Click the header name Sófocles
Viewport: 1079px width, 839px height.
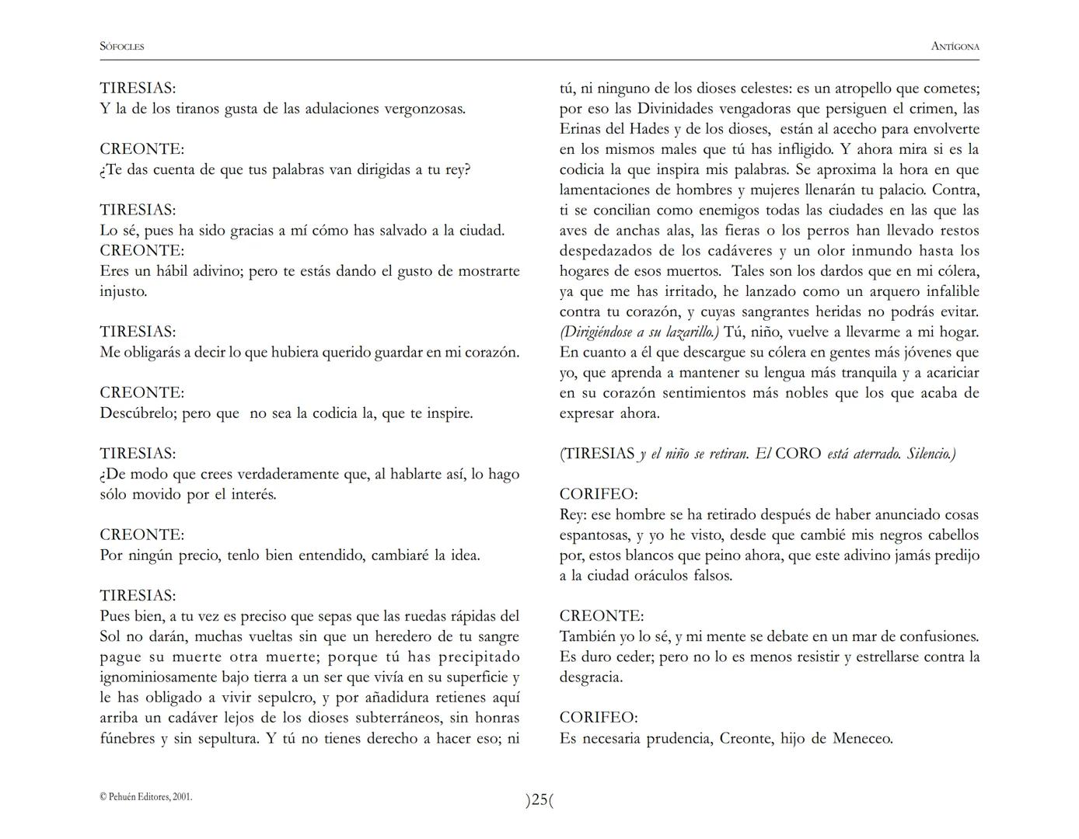tap(122, 47)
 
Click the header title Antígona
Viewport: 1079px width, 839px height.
tap(955, 47)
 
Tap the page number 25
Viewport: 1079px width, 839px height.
tap(539, 799)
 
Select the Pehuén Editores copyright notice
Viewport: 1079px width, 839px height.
tap(146, 796)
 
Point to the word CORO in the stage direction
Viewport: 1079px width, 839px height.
tap(798, 454)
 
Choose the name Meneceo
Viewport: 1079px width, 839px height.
tap(862, 739)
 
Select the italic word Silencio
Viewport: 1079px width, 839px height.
tap(931, 454)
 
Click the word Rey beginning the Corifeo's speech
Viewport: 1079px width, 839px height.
tap(572, 515)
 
